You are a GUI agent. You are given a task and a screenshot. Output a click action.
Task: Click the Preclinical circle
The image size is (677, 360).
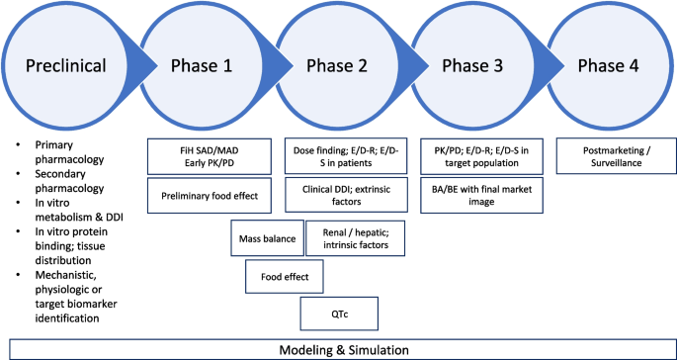tap(67, 65)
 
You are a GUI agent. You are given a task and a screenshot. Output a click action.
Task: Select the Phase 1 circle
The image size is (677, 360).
tap(201, 65)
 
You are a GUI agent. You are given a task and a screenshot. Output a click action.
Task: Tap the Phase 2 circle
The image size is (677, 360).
tap(337, 65)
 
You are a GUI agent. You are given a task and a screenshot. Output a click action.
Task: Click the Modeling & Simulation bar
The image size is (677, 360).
tap(337, 349)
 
